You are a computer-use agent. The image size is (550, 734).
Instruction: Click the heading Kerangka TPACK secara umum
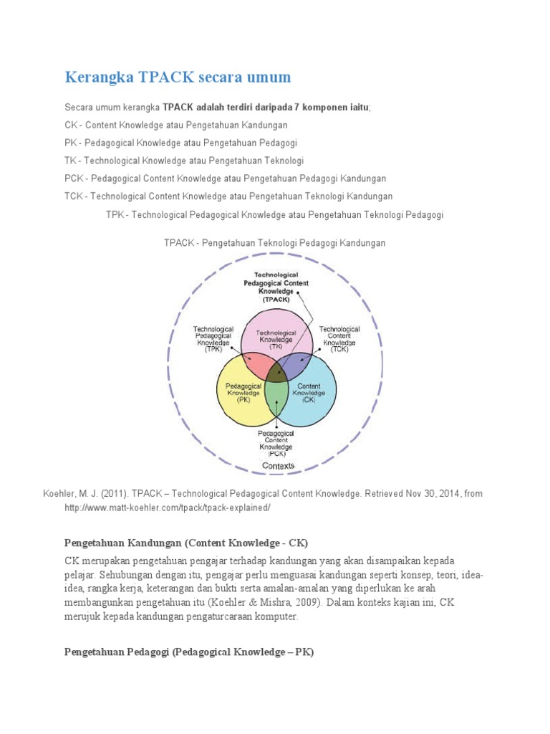[178, 77]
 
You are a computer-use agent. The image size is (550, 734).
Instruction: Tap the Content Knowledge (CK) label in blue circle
[309, 393]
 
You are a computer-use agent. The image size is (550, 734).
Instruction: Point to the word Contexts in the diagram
[278, 466]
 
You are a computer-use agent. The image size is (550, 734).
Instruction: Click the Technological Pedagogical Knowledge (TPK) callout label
[213, 339]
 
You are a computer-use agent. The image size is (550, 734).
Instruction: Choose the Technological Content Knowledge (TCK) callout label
[339, 339]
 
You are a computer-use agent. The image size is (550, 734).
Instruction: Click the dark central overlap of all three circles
[276, 373]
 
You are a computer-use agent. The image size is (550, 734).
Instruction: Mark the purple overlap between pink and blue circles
[296, 363]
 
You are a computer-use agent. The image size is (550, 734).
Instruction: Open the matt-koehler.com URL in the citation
[168, 507]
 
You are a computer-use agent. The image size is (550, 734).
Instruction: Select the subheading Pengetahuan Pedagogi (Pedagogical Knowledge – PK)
[189, 652]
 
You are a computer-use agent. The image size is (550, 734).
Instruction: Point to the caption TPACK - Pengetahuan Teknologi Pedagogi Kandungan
[274, 243]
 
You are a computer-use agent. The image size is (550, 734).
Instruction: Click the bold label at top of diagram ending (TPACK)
[276, 287]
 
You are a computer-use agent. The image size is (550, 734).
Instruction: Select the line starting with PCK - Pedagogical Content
[225, 178]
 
